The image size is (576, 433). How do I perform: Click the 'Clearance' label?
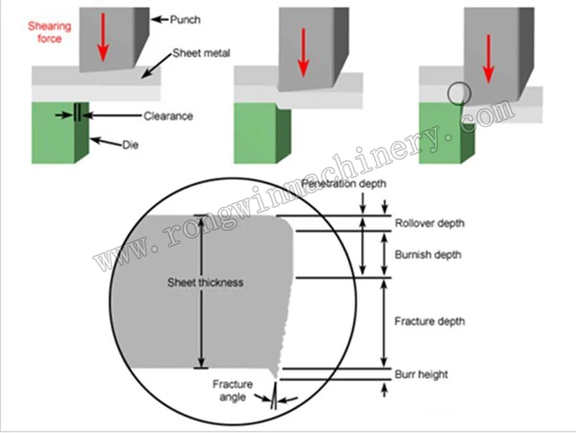click(168, 116)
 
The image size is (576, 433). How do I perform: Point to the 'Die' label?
click(131, 143)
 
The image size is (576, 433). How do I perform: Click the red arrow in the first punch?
click(102, 38)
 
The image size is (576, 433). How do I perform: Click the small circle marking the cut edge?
click(458, 93)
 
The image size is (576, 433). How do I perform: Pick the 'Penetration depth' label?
click(343, 184)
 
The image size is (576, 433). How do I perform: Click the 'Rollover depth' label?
click(429, 224)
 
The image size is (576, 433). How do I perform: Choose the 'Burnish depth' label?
click(427, 255)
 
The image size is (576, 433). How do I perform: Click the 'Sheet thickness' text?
click(205, 282)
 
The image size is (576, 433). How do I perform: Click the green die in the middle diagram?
click(262, 134)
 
